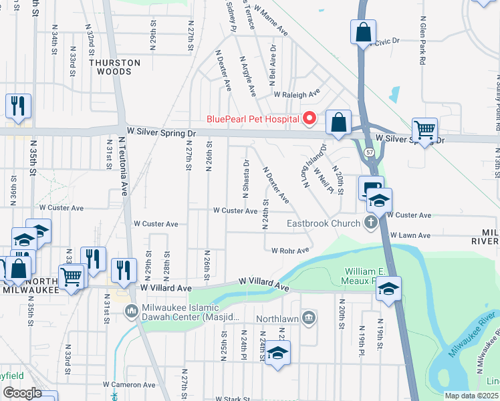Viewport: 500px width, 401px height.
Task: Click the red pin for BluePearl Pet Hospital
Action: click(309, 119)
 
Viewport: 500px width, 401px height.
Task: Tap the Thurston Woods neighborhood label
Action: click(115, 68)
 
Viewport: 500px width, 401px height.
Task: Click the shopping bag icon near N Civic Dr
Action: click(362, 32)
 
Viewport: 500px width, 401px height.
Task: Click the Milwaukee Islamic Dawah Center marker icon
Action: click(130, 309)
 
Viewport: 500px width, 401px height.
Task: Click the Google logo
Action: click(22, 393)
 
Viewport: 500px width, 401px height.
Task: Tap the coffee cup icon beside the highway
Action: click(369, 188)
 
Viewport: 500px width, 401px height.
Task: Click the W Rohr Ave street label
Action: click(290, 251)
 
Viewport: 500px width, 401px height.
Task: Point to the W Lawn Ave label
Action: click(410, 235)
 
